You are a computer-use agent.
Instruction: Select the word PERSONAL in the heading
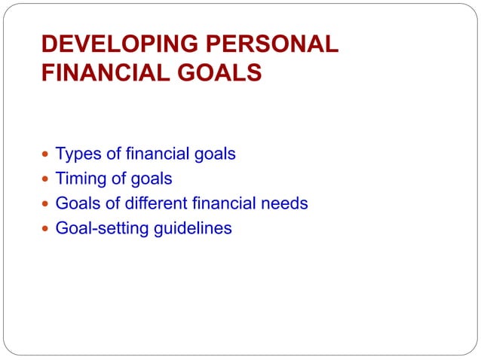(x=274, y=44)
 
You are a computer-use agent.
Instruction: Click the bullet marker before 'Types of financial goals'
(x=46, y=154)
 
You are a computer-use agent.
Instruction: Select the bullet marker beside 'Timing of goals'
(x=46, y=179)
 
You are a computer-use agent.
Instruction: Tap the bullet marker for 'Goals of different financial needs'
(x=46, y=203)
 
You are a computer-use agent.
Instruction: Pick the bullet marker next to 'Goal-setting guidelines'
(x=46, y=228)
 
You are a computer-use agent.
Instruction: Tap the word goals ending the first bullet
(x=215, y=154)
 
